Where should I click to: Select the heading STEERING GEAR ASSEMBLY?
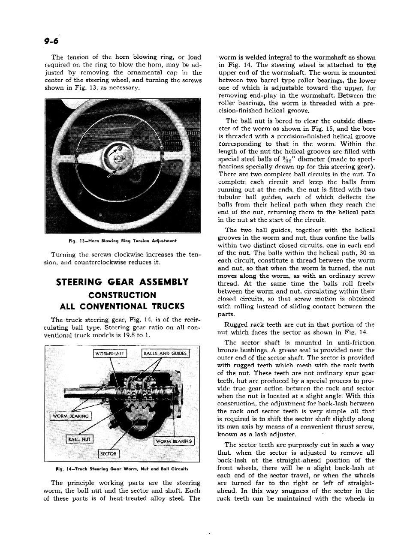123,282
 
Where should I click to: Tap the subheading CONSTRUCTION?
123,295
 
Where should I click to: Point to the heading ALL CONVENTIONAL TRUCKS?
123,306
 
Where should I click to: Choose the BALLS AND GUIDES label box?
165,354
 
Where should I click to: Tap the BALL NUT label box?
80,439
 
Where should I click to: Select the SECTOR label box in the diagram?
109,453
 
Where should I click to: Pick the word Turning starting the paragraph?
62,255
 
